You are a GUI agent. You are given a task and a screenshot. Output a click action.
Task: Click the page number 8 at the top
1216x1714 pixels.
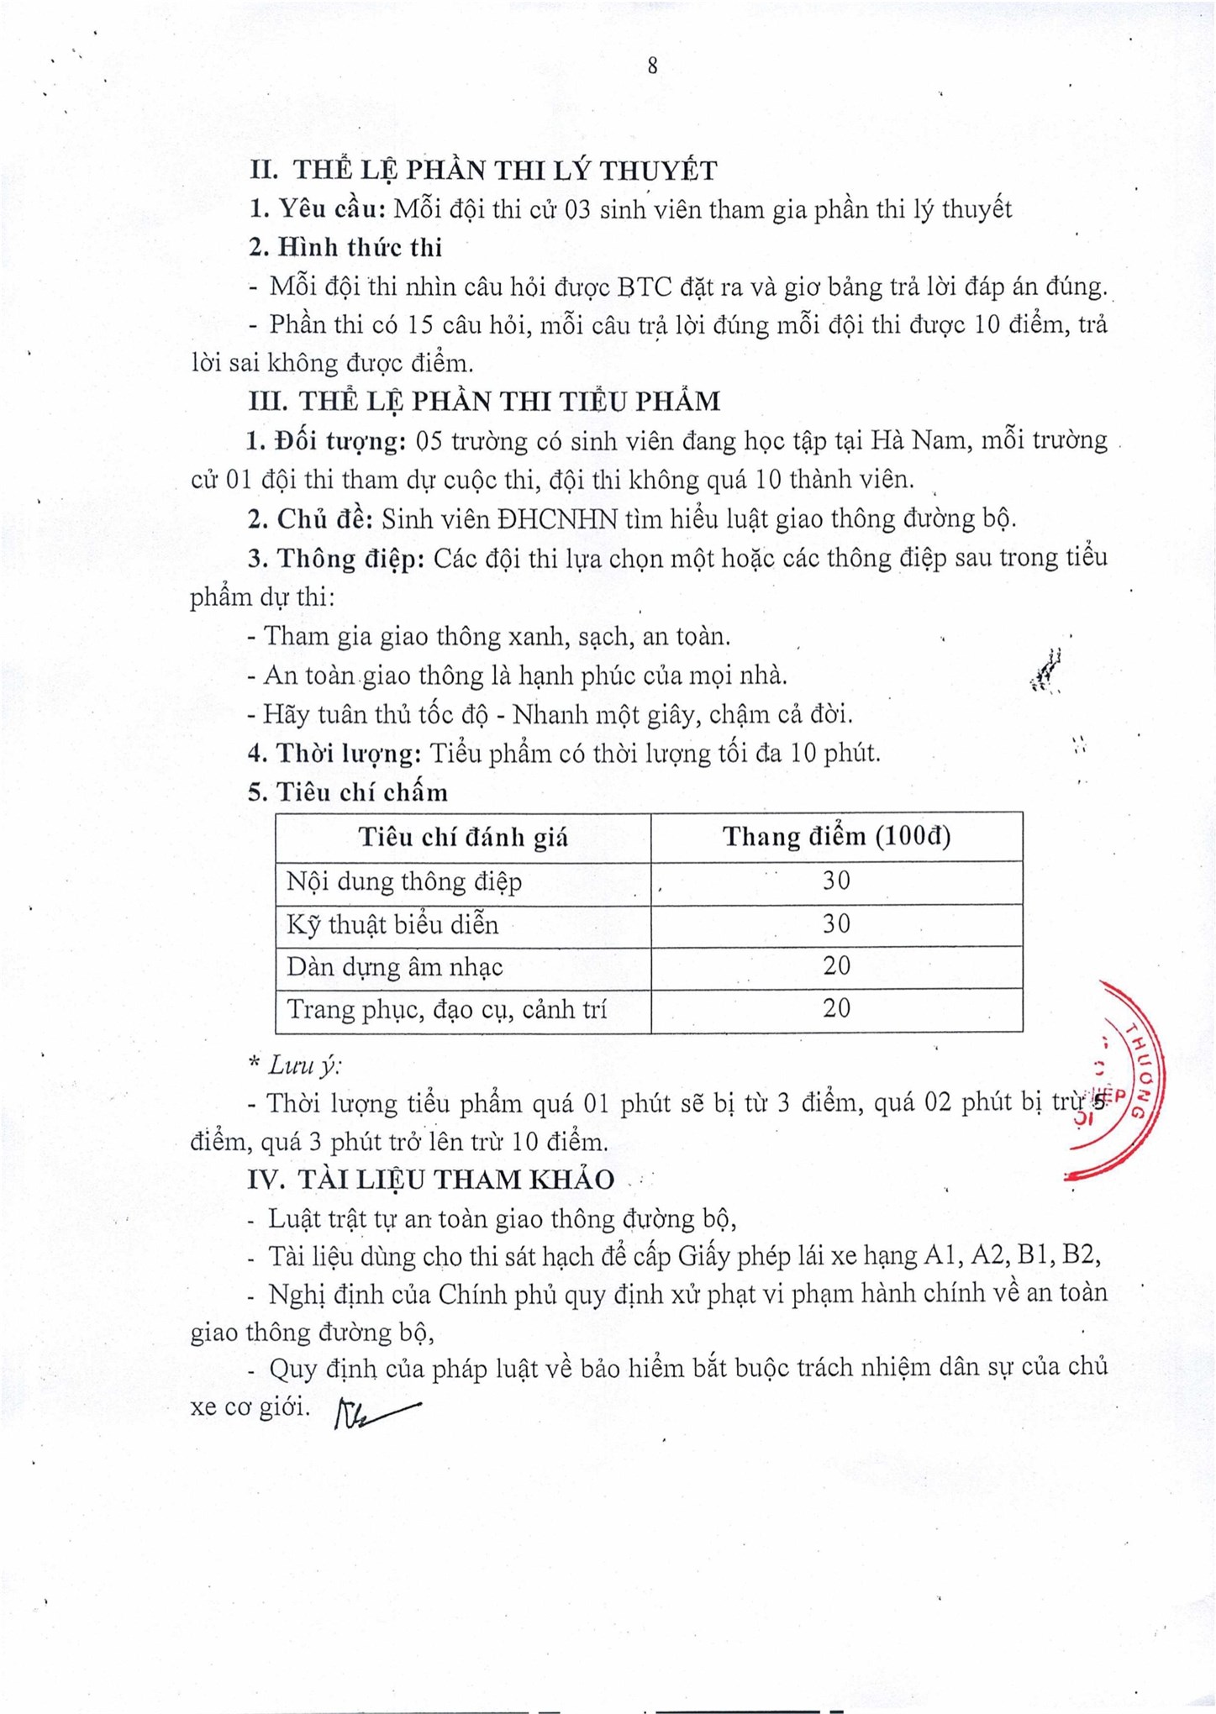tap(652, 66)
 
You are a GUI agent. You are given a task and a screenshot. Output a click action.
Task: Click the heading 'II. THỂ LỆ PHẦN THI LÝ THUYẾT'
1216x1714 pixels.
tap(483, 171)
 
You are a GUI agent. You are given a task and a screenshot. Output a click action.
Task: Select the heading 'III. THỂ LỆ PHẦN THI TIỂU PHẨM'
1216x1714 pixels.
tap(484, 402)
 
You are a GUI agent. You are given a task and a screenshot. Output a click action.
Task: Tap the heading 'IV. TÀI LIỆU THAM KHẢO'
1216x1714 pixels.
tap(431, 1180)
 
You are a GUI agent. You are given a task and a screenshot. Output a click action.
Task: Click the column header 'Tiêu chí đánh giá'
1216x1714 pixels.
tap(463, 837)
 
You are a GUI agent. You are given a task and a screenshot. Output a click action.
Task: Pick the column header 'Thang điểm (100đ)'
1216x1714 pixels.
tap(836, 836)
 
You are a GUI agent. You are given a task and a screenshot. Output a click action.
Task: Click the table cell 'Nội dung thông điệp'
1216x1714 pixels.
tap(404, 881)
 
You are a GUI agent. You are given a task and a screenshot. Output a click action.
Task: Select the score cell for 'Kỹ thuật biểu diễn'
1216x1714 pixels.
tap(836, 924)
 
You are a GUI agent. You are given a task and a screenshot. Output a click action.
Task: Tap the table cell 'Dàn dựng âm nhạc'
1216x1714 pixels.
tap(395, 967)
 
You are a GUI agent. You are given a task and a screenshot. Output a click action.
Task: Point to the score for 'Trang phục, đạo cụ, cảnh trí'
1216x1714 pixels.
tap(836, 1008)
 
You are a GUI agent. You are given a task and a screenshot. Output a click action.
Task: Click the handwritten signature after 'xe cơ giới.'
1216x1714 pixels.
tap(375, 1413)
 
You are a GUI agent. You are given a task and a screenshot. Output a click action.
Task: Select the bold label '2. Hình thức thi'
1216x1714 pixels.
tap(345, 247)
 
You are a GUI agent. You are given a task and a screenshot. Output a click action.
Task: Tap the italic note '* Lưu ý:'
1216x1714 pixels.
tap(295, 1065)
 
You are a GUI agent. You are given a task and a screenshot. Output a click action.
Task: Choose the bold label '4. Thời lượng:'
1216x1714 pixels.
tap(334, 754)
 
